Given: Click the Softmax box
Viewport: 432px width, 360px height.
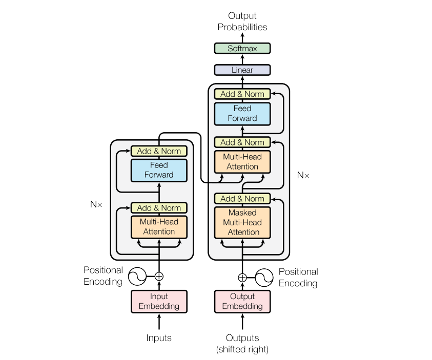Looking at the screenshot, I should tap(242, 49).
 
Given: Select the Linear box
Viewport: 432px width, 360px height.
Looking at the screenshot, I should tap(242, 70).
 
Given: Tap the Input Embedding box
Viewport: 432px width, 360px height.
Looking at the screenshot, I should tap(159, 302).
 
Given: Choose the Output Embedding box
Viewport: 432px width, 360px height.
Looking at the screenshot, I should tap(242, 302).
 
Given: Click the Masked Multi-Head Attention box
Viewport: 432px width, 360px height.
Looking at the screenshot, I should tap(242, 222).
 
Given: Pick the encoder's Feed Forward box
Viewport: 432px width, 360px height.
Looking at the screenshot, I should tap(159, 170).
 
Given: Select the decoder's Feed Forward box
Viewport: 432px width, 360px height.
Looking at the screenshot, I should tap(242, 113).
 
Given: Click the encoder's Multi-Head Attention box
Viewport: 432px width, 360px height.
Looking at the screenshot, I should tap(159, 227).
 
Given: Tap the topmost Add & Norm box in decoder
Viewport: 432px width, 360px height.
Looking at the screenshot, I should tap(242, 94).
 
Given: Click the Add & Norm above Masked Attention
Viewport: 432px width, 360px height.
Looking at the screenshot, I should tap(242, 199).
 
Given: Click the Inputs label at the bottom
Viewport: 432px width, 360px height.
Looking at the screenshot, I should tap(159, 338).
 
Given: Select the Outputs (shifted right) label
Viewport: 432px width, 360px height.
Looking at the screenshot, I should tap(242, 344).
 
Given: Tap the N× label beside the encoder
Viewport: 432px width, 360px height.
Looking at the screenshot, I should tap(96, 204).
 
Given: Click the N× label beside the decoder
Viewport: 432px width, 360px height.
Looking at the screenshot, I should tap(303, 175).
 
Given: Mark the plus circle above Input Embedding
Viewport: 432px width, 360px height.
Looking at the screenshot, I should tap(159, 277).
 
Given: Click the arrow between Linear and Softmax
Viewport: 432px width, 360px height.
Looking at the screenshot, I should tap(242, 59).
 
